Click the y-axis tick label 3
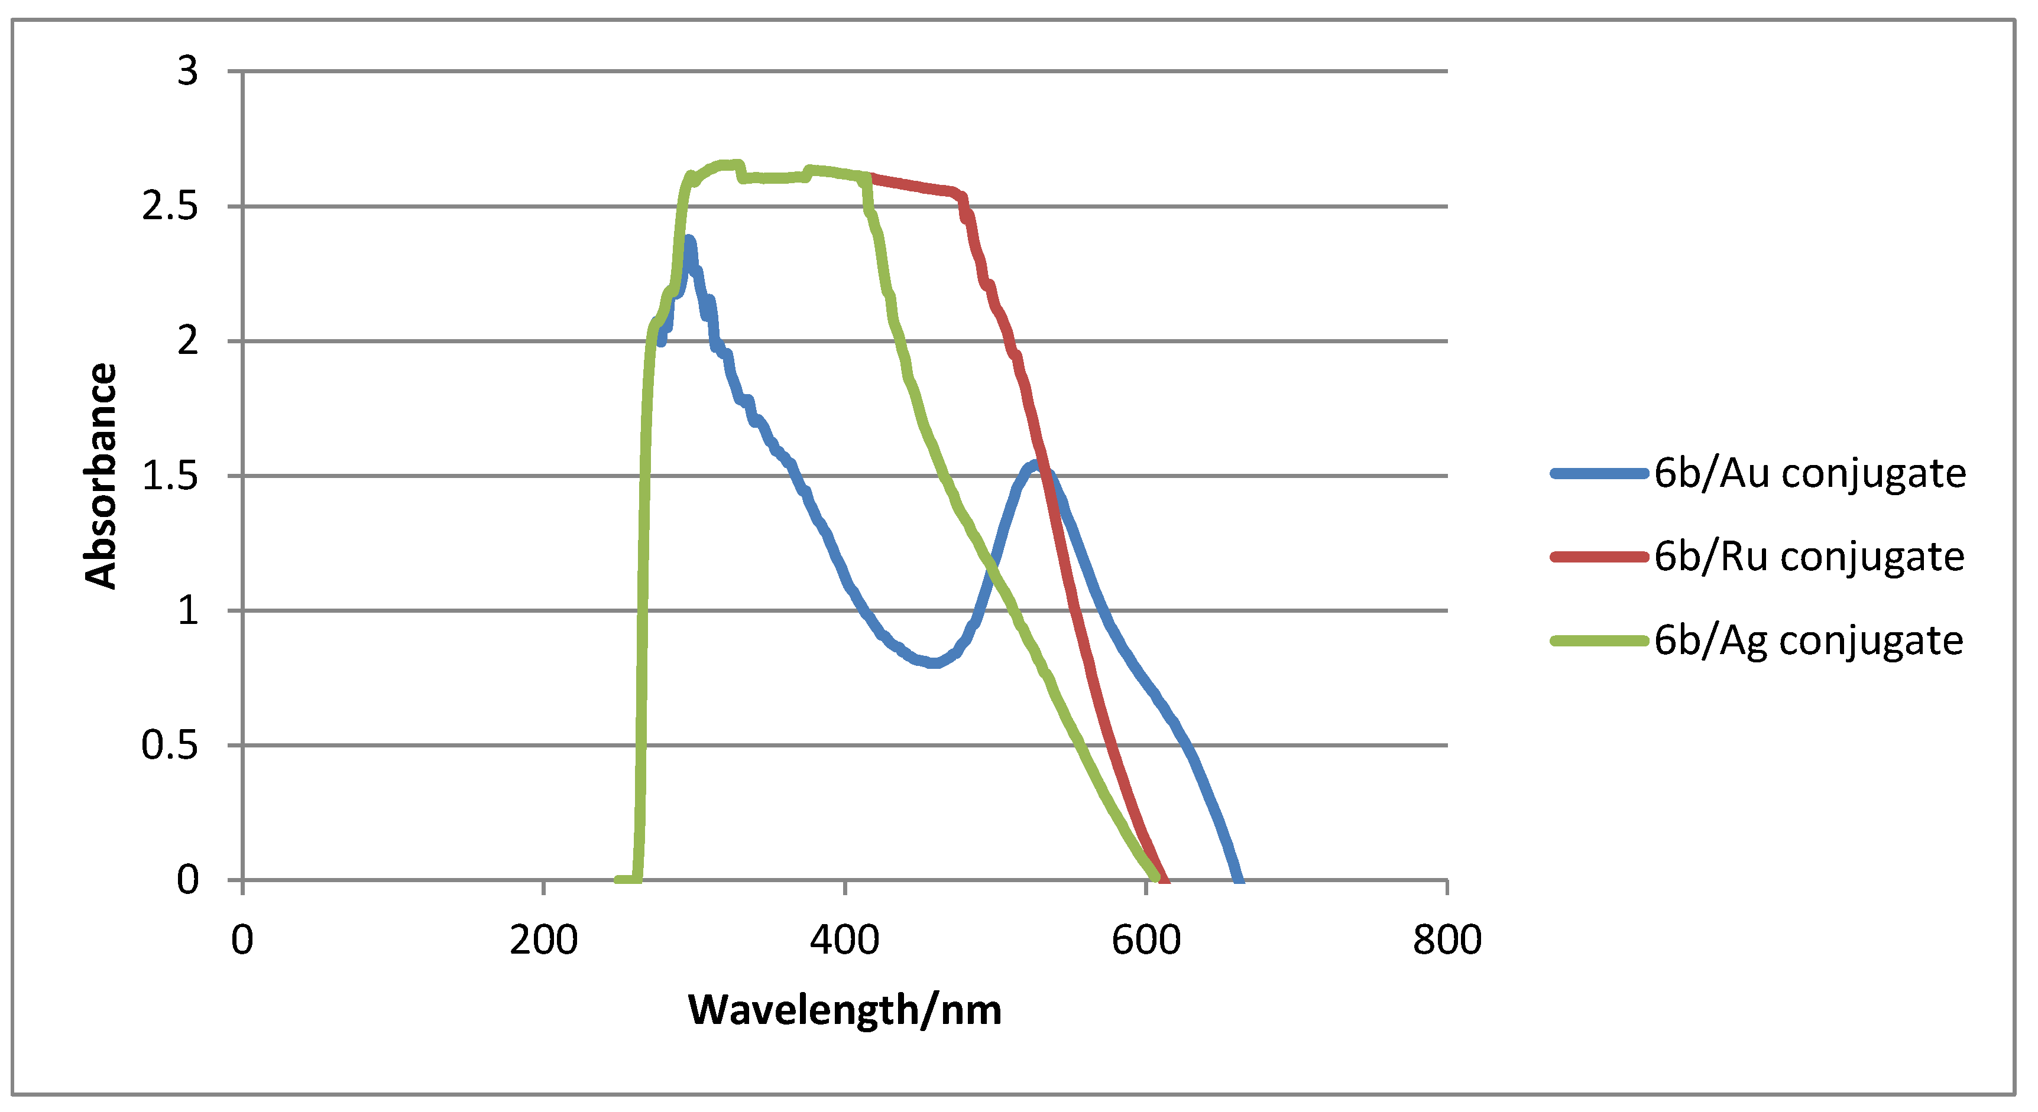pos(187,71)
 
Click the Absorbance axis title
pos(101,476)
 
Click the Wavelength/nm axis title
pos(845,1010)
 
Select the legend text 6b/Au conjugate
pos(1809,474)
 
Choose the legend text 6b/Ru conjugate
pos(1809,557)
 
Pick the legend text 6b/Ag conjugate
pos(1809,640)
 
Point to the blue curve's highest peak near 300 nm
pos(689,240)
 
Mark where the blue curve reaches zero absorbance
pos(1240,879)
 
